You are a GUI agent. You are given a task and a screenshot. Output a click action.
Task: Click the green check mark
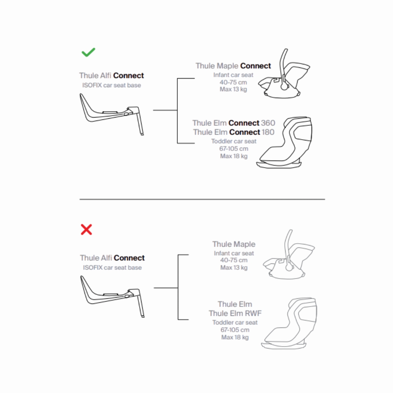point(88,52)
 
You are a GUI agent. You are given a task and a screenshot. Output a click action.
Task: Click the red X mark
point(86,229)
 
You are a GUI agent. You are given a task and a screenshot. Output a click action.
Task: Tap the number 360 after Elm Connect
point(268,123)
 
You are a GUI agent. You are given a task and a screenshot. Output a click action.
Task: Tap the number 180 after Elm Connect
point(268,132)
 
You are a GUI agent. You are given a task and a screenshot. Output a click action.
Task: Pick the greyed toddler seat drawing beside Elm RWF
point(289,324)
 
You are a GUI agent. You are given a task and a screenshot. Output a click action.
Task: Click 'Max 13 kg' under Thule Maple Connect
point(233,89)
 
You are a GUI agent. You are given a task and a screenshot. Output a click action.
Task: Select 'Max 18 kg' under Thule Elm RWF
point(235,337)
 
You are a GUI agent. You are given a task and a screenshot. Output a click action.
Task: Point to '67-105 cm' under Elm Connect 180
point(234,149)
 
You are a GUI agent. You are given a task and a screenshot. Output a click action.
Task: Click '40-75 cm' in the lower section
point(234,260)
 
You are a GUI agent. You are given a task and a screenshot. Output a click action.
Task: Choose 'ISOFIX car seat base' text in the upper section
point(112,85)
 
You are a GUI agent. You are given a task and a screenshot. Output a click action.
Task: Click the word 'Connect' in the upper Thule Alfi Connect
point(129,76)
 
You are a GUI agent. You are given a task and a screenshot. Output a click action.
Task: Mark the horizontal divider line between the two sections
point(202,199)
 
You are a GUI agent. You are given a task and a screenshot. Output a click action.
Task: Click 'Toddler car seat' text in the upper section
point(234,141)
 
